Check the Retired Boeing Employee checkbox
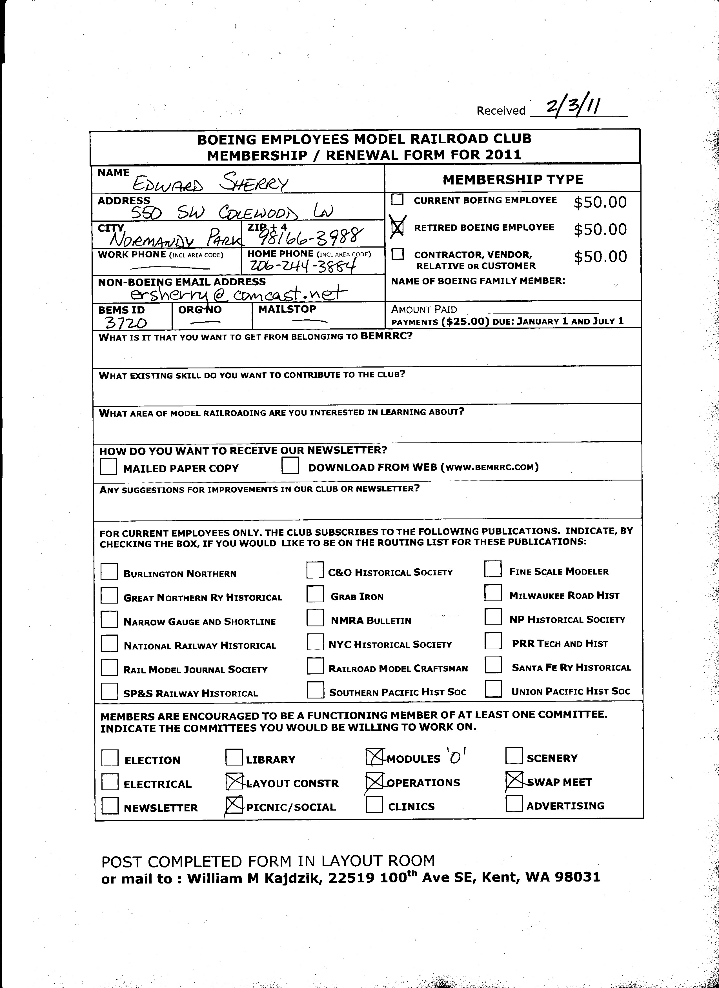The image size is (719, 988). (x=398, y=227)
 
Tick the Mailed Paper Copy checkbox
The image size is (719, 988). (x=108, y=467)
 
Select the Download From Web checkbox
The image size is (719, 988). (x=290, y=466)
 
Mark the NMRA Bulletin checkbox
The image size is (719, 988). (x=315, y=618)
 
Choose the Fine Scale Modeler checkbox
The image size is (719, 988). (x=493, y=569)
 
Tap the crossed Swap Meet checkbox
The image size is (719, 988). (x=514, y=780)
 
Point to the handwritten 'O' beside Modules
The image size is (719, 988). (x=455, y=758)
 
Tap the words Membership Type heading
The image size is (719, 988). (x=512, y=179)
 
